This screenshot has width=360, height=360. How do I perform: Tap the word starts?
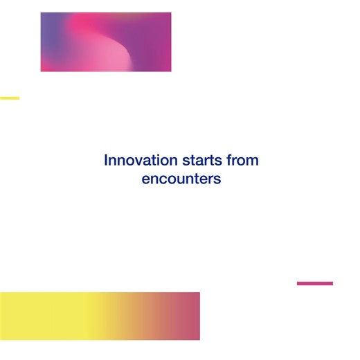pos(202,161)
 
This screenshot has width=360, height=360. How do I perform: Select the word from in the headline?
pos(243,161)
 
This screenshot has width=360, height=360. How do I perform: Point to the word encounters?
pos(181,179)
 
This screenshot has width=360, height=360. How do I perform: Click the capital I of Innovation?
pos(106,161)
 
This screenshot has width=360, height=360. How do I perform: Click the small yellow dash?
pos(10,98)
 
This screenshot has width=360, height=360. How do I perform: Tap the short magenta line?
pos(314,283)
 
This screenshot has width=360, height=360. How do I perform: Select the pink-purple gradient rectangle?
pos(106,42)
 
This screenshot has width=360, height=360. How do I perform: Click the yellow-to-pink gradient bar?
pos(100,316)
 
